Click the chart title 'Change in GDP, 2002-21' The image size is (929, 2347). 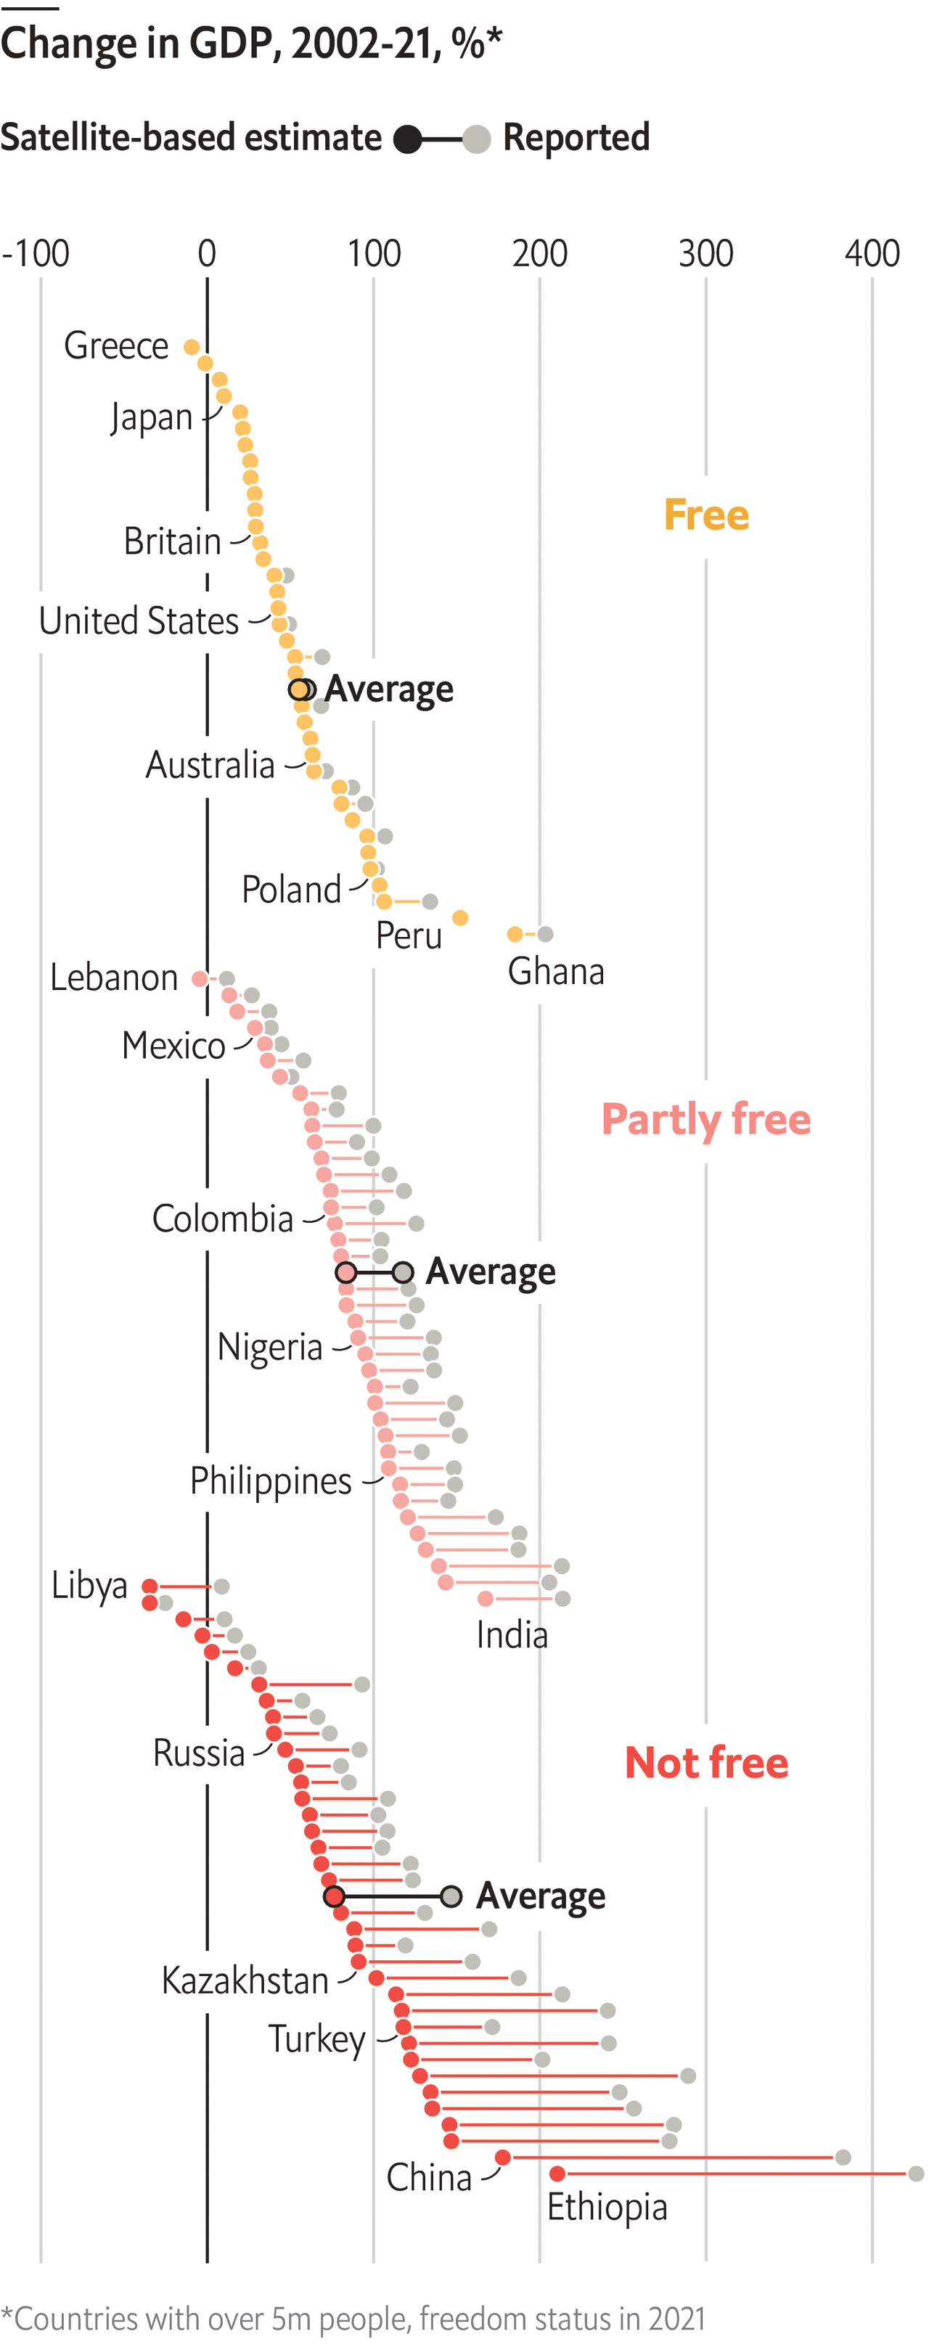(x=250, y=44)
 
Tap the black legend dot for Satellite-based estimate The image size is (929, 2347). (x=408, y=139)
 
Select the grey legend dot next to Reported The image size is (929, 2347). (x=476, y=139)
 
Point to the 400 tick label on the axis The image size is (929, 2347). (x=872, y=253)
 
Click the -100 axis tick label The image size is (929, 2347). (x=36, y=253)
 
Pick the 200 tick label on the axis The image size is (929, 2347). (x=539, y=253)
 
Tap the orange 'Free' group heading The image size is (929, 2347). (x=706, y=515)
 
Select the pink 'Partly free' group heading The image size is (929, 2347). (x=706, y=1119)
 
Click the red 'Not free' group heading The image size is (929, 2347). (x=706, y=1763)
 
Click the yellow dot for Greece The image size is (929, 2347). (x=192, y=347)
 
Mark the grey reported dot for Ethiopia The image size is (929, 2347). (x=916, y=2174)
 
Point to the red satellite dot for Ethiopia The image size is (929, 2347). (x=557, y=2174)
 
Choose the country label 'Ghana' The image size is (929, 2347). (x=555, y=971)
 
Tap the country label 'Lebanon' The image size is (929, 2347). (x=114, y=978)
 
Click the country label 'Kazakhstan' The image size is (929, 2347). (x=244, y=1981)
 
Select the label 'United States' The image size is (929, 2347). (x=139, y=621)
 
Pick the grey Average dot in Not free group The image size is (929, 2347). (x=451, y=1897)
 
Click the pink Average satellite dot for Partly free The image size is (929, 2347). (x=345, y=1273)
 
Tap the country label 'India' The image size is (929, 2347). (x=512, y=1636)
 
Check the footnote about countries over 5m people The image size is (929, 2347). (x=353, y=2318)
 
